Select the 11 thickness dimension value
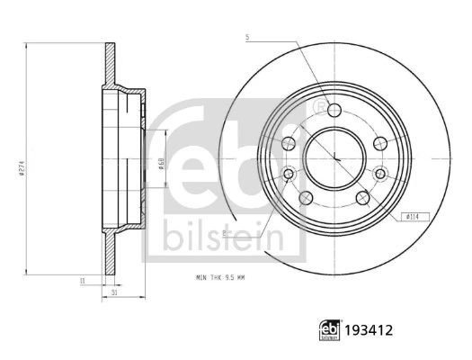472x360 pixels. pos(81,282)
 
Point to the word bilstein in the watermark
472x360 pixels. pos(222,238)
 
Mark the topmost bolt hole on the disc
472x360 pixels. pos(334,111)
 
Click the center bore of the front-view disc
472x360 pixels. pos(334,157)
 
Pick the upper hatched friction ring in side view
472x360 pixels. pos(110,64)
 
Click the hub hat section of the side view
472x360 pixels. pos(129,157)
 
